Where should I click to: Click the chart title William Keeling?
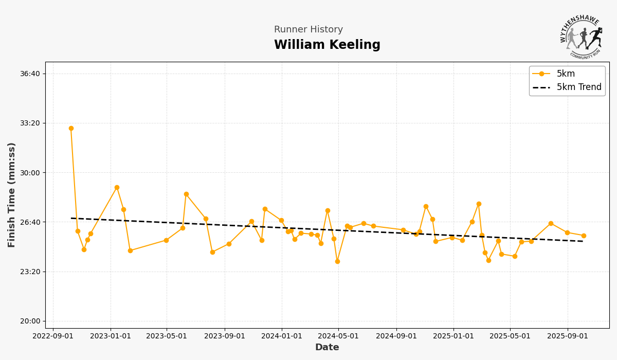[x=327, y=45]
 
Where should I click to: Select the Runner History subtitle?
[x=308, y=30]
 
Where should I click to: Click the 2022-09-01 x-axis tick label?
[x=52, y=336]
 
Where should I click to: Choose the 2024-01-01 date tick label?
[x=281, y=336]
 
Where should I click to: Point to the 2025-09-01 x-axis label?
[x=567, y=336]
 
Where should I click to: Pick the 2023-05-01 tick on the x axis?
[x=166, y=336]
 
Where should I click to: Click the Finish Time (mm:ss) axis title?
[x=12, y=195]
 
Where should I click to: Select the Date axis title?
[x=327, y=348]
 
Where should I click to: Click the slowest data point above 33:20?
[x=71, y=128]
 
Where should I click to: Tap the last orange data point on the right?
[x=584, y=236]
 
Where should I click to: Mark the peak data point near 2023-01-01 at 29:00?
[x=117, y=187]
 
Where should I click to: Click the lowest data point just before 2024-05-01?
[x=337, y=261]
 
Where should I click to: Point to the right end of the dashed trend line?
[x=584, y=241]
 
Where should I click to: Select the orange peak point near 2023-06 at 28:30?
[x=186, y=194]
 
